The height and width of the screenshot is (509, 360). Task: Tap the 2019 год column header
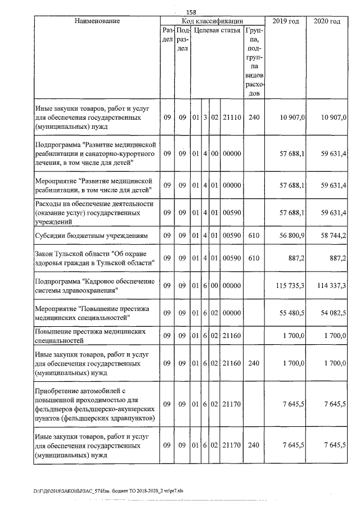coord(285,21)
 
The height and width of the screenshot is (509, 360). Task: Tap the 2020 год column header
coord(327,21)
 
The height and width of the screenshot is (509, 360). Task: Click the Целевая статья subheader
coord(217,30)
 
